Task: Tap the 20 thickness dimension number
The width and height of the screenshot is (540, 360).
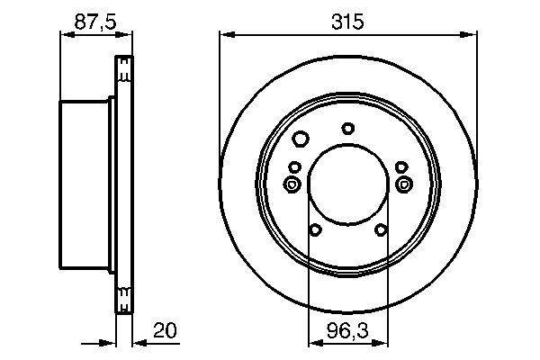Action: (164, 330)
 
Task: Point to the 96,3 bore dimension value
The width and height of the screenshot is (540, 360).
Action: (347, 330)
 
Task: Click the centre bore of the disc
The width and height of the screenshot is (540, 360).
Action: (347, 184)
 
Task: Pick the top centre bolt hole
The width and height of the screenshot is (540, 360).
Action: (348, 128)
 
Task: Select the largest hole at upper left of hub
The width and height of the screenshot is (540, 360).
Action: (301, 139)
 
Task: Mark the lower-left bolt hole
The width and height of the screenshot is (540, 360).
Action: (314, 230)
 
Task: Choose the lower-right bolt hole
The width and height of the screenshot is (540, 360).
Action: (381, 230)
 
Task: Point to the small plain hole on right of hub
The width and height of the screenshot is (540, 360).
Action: (400, 166)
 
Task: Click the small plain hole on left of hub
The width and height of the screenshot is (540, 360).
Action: (294, 166)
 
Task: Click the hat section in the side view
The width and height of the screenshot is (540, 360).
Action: (85, 184)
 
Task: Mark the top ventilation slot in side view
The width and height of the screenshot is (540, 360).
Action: (124, 67)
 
